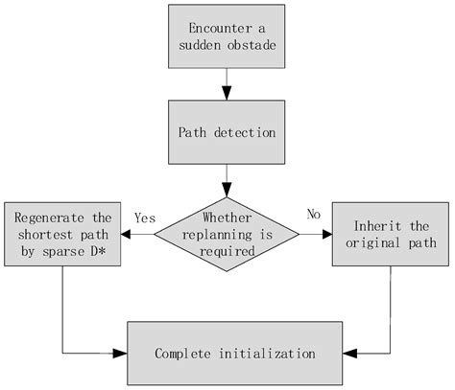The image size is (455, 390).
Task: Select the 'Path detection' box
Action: pos(227,131)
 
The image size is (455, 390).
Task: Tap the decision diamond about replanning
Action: pos(227,233)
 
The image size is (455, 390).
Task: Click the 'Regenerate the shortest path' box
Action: pos(61,233)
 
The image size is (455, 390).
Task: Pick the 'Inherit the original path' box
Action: pos(391,233)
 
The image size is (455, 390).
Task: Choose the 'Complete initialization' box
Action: pos(235,354)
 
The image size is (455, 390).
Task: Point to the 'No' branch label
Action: pos(313,214)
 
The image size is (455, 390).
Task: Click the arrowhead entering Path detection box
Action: pos(227,93)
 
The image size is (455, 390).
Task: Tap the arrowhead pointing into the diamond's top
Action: pos(227,191)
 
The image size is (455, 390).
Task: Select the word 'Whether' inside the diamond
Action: pos(227,218)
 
